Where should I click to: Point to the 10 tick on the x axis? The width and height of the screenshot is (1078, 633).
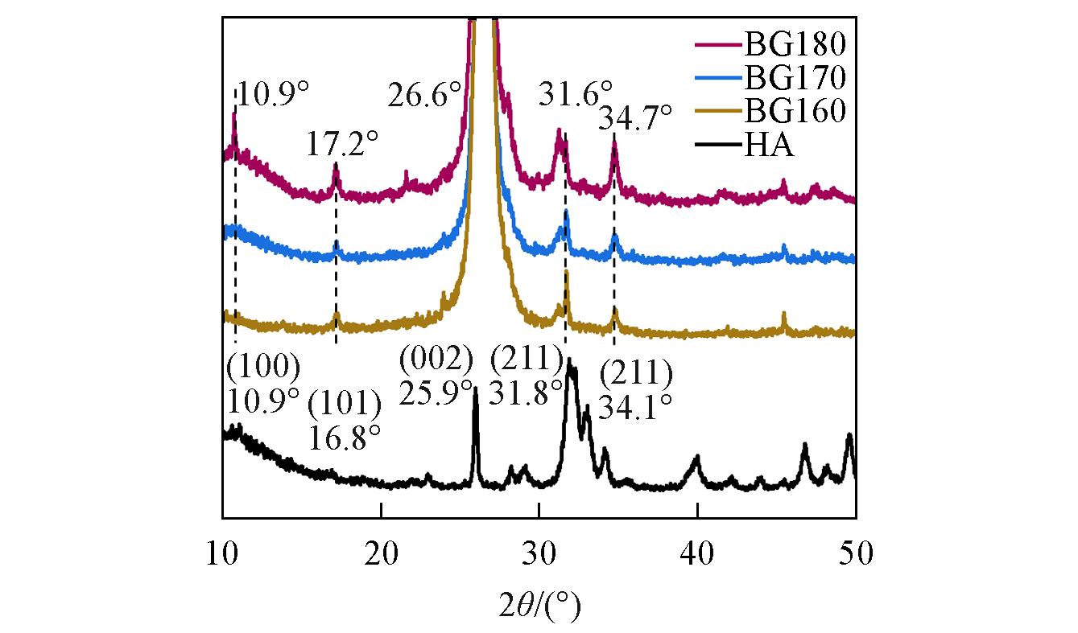click(x=222, y=554)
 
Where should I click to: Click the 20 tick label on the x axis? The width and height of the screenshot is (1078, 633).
click(x=381, y=554)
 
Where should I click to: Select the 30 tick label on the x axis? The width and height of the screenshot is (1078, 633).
click(x=539, y=554)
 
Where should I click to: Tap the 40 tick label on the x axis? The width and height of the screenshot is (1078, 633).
click(x=697, y=554)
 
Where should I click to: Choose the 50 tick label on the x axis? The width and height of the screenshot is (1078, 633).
click(x=855, y=554)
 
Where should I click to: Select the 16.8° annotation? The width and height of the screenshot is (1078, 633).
click(x=345, y=438)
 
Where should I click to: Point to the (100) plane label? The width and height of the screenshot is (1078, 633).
click(x=263, y=367)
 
